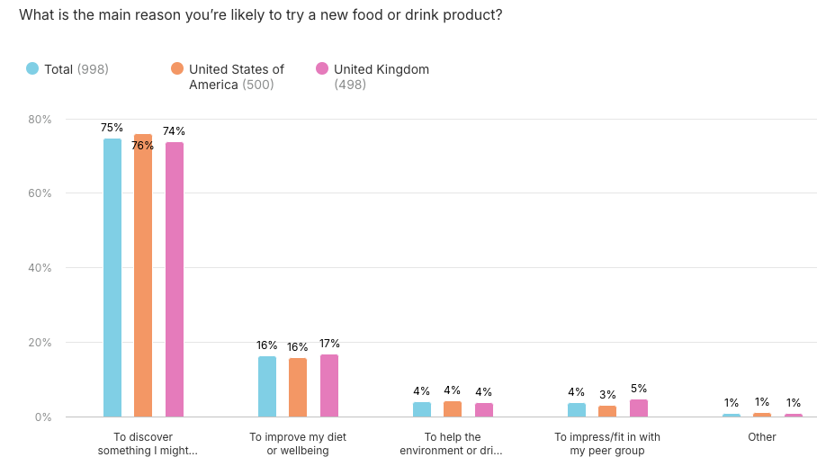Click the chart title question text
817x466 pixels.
(x=260, y=15)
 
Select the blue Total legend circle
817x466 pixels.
(x=32, y=69)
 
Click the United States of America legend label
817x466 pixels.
(x=236, y=76)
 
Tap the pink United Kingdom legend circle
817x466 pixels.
(x=322, y=69)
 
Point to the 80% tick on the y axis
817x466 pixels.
(x=40, y=119)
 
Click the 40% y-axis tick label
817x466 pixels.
(x=40, y=268)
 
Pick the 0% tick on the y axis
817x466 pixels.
(x=43, y=417)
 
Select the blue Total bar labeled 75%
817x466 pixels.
(x=112, y=278)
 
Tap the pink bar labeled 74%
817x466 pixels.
(x=175, y=280)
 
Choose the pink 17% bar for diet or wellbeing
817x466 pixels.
(x=329, y=386)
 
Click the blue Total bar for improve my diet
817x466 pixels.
(x=267, y=387)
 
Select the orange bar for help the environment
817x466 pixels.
(x=453, y=409)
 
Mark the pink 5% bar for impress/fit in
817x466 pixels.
(x=639, y=408)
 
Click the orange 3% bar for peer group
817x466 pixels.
(x=607, y=411)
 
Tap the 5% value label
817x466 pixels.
(x=639, y=389)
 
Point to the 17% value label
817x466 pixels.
(x=329, y=344)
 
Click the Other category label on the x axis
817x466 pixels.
(x=762, y=437)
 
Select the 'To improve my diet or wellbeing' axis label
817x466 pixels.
(x=298, y=444)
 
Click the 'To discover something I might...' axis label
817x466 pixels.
(x=144, y=444)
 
